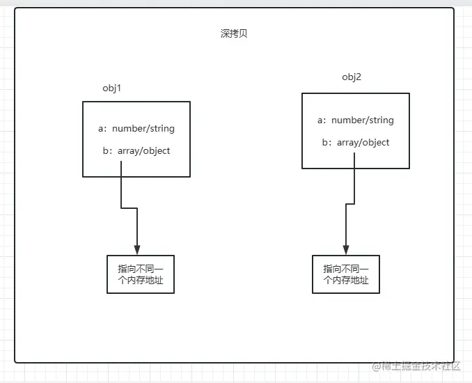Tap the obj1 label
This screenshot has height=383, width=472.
click(x=112, y=88)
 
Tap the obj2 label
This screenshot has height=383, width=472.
click(x=351, y=77)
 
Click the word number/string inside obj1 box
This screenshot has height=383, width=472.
click(x=143, y=129)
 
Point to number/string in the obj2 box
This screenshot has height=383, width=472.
click(x=362, y=120)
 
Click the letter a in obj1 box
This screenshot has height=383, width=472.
click(x=102, y=129)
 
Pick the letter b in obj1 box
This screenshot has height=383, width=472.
click(x=102, y=150)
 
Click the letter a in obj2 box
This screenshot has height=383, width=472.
click(x=321, y=120)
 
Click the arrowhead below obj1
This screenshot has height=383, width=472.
click(x=137, y=250)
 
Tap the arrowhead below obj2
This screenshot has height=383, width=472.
click(x=345, y=250)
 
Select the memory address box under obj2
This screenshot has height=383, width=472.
click(x=346, y=274)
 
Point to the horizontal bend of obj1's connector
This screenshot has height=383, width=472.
click(x=129, y=208)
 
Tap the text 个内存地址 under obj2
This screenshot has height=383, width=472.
click(x=346, y=281)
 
